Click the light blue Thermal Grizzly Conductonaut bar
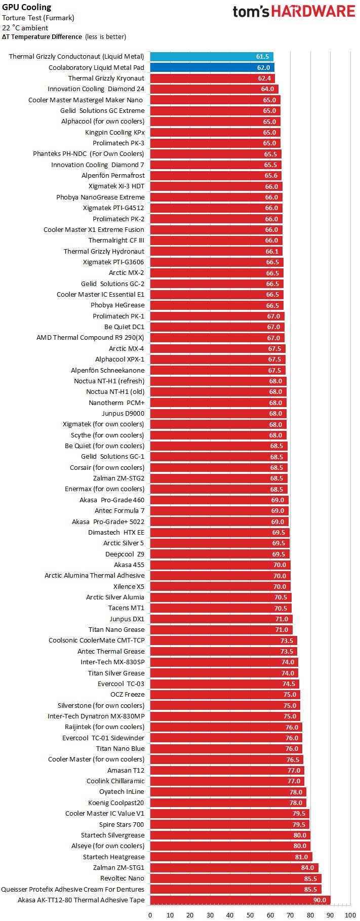pyautogui.click(x=212, y=57)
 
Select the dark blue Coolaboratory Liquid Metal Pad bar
pyautogui.click(x=212, y=67)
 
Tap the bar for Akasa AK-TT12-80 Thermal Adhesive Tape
pyautogui.click(x=240, y=900)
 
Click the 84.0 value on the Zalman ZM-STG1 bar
pyautogui.click(x=307, y=868)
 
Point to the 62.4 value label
pyautogui.click(x=264, y=78)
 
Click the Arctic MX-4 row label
pyautogui.click(x=126, y=348)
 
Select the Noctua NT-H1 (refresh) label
pyautogui.click(x=109, y=381)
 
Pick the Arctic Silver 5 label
pyautogui.click(x=124, y=543)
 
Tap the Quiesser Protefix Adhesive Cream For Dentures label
pyautogui.click(x=72, y=889)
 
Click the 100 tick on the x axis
pyautogui.click(x=350, y=915)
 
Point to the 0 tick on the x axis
pyautogui.click(x=150, y=915)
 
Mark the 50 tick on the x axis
pyautogui.click(x=250, y=915)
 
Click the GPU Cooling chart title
pyautogui.click(x=26, y=7)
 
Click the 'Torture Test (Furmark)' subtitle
pyautogui.click(x=38, y=18)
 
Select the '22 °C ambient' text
pyautogui.click(x=25, y=28)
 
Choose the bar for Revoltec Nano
pyautogui.click(x=235, y=878)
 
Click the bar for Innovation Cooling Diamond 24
pyautogui.click(x=214, y=89)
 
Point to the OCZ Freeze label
pyautogui.click(x=127, y=694)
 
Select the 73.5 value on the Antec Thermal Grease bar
pyautogui.click(x=287, y=651)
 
